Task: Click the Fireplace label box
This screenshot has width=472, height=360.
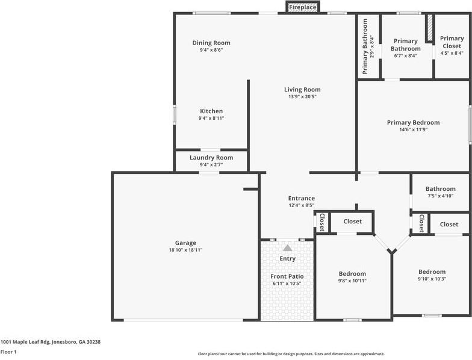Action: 302,7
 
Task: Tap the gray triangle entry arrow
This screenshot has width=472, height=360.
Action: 288,248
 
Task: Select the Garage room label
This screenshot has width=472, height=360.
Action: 185,243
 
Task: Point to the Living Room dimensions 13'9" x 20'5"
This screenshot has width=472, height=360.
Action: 302,96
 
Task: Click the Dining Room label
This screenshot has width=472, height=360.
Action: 211,43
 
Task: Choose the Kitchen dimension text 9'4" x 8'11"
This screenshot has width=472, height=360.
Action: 211,118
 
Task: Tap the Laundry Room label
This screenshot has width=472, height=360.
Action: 211,158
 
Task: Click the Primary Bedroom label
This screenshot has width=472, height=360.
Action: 413,123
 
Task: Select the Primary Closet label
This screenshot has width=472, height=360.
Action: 452,42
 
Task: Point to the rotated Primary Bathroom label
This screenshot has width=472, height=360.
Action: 365,46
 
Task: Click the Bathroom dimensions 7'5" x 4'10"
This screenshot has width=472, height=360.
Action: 441,196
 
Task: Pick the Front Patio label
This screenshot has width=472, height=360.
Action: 287,276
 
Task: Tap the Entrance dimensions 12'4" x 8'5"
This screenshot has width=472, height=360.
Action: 301,205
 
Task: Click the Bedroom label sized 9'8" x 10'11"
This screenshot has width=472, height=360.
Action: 352,274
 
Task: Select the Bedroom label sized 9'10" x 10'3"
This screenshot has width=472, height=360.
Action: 432,272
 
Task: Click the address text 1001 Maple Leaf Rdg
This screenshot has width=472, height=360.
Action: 25,342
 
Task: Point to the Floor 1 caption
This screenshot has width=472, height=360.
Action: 8,352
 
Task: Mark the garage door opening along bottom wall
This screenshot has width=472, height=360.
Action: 183,320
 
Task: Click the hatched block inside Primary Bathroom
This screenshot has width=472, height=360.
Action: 430,28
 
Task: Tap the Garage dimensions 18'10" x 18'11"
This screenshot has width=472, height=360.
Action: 185,250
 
